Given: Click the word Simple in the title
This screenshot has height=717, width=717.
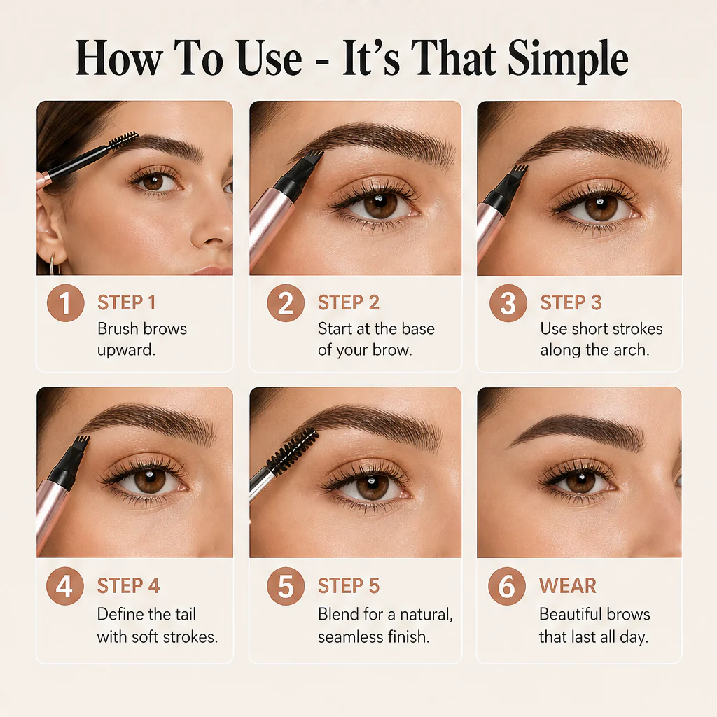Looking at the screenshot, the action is [568, 60].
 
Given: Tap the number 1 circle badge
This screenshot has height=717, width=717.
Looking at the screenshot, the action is [65, 302].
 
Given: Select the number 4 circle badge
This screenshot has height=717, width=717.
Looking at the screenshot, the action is [65, 586].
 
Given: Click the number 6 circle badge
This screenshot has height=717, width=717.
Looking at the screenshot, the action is [507, 586].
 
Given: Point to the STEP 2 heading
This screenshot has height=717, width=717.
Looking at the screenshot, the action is [349, 302].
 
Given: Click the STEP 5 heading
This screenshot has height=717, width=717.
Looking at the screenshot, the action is [349, 586].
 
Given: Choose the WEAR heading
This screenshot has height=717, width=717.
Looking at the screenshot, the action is [567, 586].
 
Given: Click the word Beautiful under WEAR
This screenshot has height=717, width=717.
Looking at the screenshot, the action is [570, 614].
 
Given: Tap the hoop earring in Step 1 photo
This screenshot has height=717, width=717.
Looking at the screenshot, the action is [54, 264].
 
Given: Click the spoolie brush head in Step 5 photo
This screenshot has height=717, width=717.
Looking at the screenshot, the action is [292, 451].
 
